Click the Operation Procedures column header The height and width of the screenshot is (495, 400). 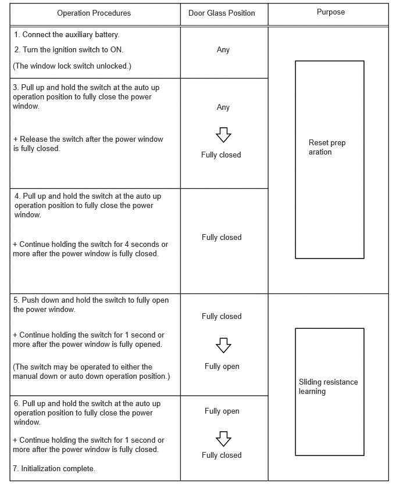coord(94,13)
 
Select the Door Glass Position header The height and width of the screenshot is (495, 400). coord(222,13)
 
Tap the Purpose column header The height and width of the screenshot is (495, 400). coord(331,12)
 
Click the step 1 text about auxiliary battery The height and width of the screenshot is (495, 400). coord(66,35)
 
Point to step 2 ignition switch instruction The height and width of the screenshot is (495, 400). coord(69,49)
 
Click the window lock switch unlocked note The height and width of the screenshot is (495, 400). coord(72,66)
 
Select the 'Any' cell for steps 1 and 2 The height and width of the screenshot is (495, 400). coord(223,50)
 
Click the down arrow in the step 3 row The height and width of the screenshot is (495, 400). coord(223,134)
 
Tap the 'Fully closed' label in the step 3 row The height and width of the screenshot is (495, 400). coord(221,155)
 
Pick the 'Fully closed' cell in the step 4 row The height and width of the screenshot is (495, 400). coord(222,237)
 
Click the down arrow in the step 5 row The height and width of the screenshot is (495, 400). coord(223,345)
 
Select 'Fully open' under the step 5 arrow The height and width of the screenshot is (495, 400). coord(222,366)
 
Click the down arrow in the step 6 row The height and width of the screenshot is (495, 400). coord(223,438)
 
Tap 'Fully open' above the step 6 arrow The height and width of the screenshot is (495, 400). coord(222,411)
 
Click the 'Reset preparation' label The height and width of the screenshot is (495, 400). coord(327,148)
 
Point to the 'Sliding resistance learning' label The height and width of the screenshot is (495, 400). coord(328,386)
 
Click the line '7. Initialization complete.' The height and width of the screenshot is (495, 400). coord(54,468)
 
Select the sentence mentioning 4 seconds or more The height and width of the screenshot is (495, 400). coord(90,249)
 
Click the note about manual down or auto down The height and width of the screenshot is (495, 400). coord(91,371)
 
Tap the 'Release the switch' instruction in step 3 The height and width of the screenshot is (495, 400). coord(88,144)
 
